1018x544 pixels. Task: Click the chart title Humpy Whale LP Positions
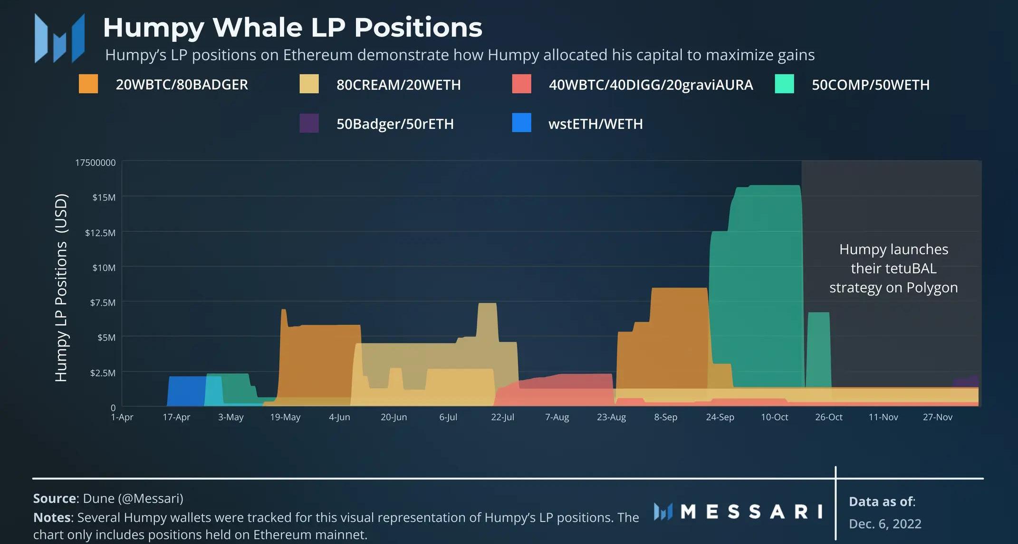tap(292, 27)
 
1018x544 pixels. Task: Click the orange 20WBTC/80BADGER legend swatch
tap(88, 84)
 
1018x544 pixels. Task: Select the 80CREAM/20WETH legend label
tap(398, 85)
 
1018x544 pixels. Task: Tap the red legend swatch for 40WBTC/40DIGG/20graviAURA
tap(521, 84)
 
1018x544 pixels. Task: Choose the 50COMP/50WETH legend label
tap(870, 85)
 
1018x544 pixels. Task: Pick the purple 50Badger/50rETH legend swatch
tap(309, 124)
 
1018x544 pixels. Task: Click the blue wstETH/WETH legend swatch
tap(521, 124)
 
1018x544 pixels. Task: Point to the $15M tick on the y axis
tap(104, 197)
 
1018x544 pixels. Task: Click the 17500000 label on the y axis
tap(95, 162)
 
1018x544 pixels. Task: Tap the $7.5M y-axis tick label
tap(103, 303)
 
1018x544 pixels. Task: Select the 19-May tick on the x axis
tap(285, 417)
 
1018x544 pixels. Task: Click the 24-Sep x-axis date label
tap(720, 417)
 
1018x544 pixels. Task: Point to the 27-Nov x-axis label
tap(937, 417)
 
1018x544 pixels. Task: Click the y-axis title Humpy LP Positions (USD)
tap(61, 287)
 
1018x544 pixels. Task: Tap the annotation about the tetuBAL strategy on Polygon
tap(893, 268)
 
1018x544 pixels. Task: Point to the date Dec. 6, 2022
tap(885, 524)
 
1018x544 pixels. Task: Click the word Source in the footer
tap(55, 498)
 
